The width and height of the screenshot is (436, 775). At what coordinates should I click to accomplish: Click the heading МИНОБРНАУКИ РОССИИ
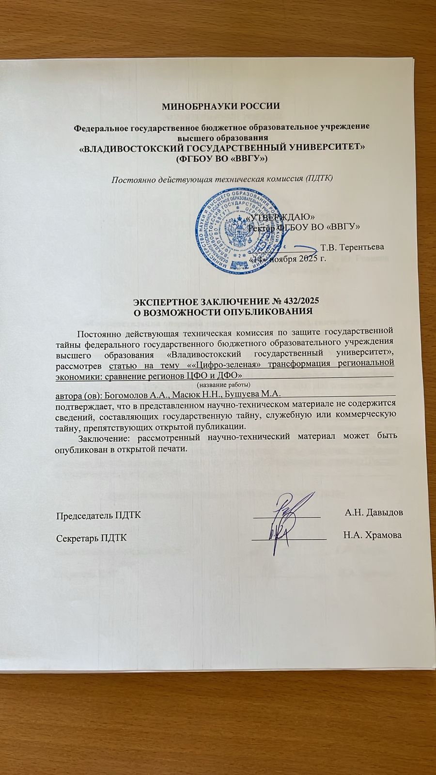221,106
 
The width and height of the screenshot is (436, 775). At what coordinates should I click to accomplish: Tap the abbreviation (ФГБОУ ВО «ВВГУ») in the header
221,158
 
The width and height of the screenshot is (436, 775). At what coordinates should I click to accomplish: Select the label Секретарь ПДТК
92,538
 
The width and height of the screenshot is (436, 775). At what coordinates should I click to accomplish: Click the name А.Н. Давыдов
373,512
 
